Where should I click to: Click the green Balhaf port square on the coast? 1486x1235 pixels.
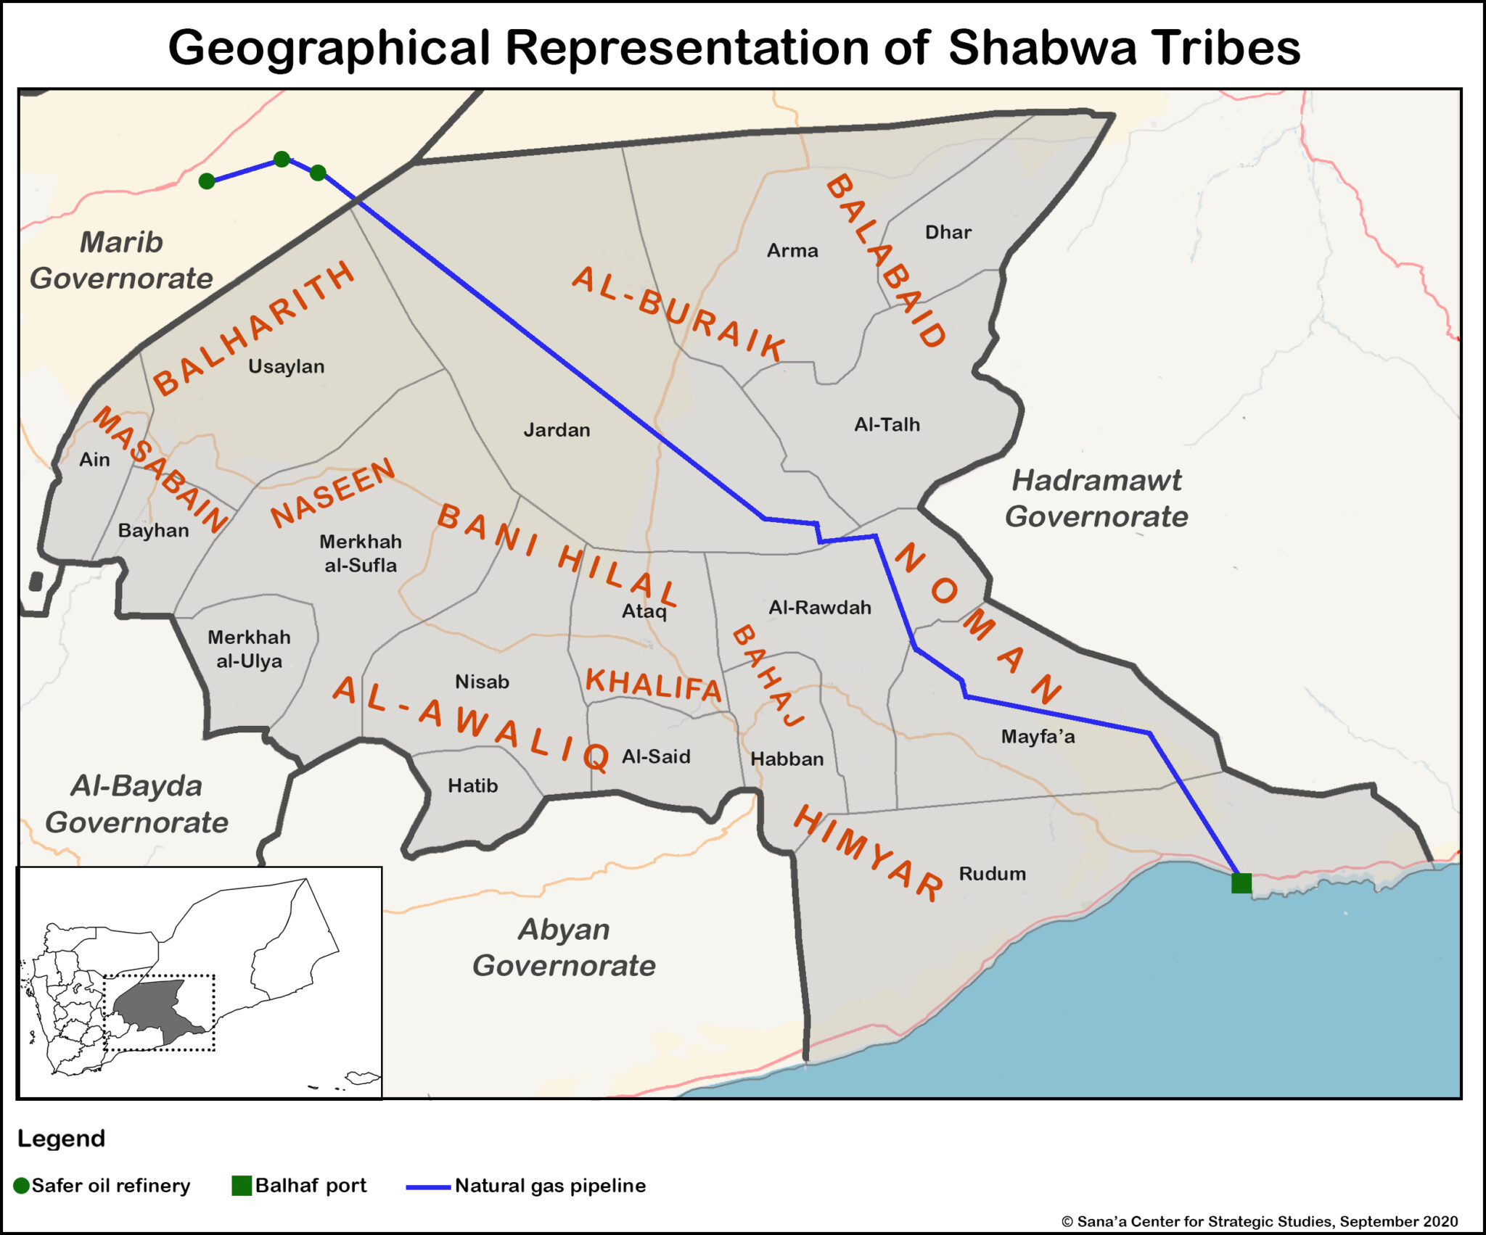click(1241, 883)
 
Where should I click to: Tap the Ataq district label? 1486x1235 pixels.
click(644, 611)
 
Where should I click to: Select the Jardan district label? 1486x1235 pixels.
click(557, 430)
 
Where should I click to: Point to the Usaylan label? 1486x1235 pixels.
click(286, 366)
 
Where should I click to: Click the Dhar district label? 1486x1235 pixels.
click(948, 232)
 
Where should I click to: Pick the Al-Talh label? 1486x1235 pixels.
click(887, 424)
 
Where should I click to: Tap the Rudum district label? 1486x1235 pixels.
click(992, 873)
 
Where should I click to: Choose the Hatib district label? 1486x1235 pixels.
click(472, 785)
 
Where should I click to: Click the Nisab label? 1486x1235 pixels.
click(482, 682)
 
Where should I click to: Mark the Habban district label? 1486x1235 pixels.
click(787, 759)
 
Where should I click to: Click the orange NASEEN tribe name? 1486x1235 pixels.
click(333, 493)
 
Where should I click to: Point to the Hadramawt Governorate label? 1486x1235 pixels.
click(1096, 498)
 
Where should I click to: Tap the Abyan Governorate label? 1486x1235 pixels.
click(564, 947)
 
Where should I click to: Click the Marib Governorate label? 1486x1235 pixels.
click(121, 260)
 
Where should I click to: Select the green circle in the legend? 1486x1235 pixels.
click(22, 1186)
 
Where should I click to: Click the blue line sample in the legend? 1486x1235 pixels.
click(427, 1187)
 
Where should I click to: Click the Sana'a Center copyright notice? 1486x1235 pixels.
click(1259, 1221)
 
